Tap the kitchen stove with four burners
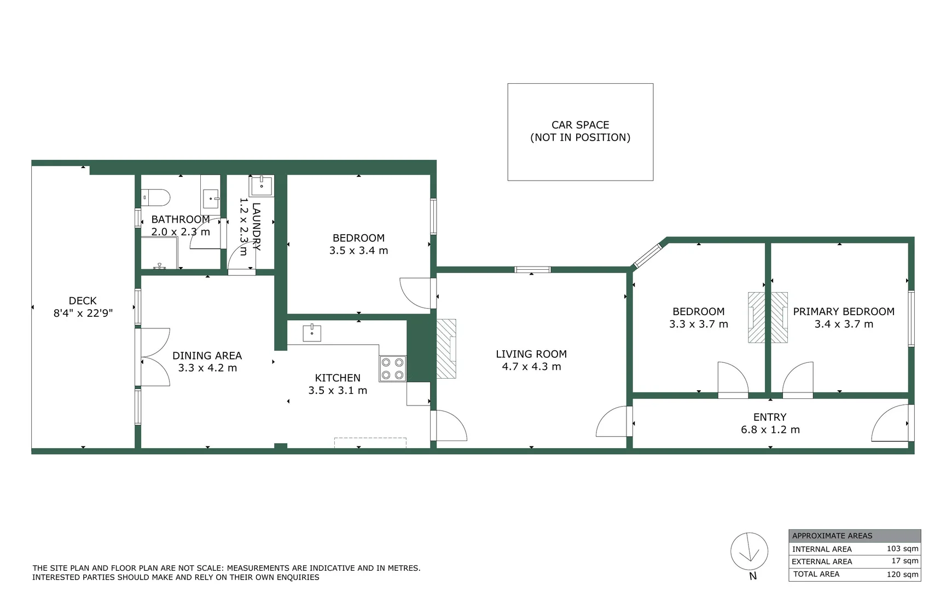tap(392, 368)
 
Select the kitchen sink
tap(312, 333)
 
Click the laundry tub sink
tap(262, 186)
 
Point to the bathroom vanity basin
tap(211, 199)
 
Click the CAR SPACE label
tap(580, 125)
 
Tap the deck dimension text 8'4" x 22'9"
tap(83, 313)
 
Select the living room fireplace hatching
tap(446, 349)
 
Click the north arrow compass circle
tap(749, 552)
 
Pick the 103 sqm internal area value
tap(902, 548)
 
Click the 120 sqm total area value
tap(902, 574)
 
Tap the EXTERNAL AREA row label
tap(822, 561)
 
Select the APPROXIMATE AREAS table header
tap(832, 536)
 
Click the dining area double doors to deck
tap(155, 357)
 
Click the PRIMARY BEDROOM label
tap(844, 311)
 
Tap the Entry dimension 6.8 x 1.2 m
tap(770, 430)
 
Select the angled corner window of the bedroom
tap(648, 256)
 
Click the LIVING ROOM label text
tap(531, 354)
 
